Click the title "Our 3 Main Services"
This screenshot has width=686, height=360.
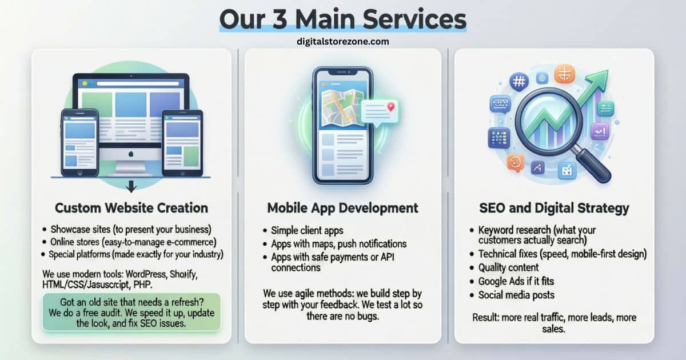pyautogui.click(x=343, y=19)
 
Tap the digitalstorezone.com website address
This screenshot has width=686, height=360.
pyautogui.click(x=343, y=41)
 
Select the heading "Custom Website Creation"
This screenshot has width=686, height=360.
pyautogui.click(x=131, y=207)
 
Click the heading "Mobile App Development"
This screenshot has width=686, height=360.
pyautogui.click(x=342, y=207)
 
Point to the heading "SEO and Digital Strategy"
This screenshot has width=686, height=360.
pyautogui.click(x=554, y=207)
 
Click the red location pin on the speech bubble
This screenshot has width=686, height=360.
pyautogui.click(x=390, y=107)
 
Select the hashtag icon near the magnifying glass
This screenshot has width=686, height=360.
pyautogui.click(x=519, y=82)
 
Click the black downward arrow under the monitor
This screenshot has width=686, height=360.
pyautogui.click(x=131, y=186)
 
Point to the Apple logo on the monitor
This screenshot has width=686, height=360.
pyautogui.click(x=131, y=154)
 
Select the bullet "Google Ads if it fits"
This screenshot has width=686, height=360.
pyautogui.click(x=516, y=281)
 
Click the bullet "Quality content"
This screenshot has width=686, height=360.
pyautogui.click(x=508, y=267)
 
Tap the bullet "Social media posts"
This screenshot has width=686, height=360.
pyautogui.click(x=516, y=295)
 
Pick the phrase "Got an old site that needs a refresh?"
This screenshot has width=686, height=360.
pyautogui.click(x=131, y=302)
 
